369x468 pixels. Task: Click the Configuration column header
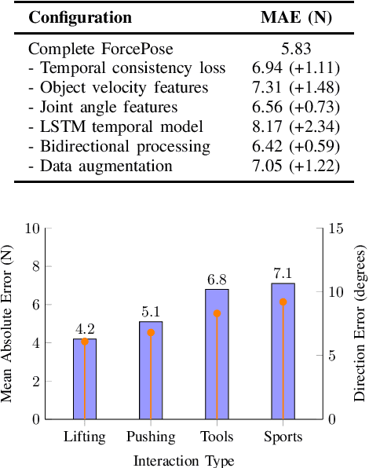click(80, 17)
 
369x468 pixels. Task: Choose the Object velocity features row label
click(119, 87)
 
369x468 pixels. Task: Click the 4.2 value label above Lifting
click(85, 329)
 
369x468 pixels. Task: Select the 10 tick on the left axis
click(32, 229)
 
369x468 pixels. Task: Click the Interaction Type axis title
click(184, 459)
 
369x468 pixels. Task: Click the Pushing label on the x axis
click(151, 437)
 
